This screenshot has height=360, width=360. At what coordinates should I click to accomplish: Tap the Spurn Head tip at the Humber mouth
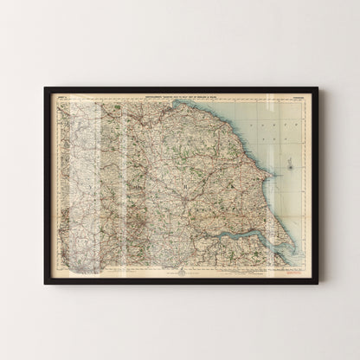tap(286, 243)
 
